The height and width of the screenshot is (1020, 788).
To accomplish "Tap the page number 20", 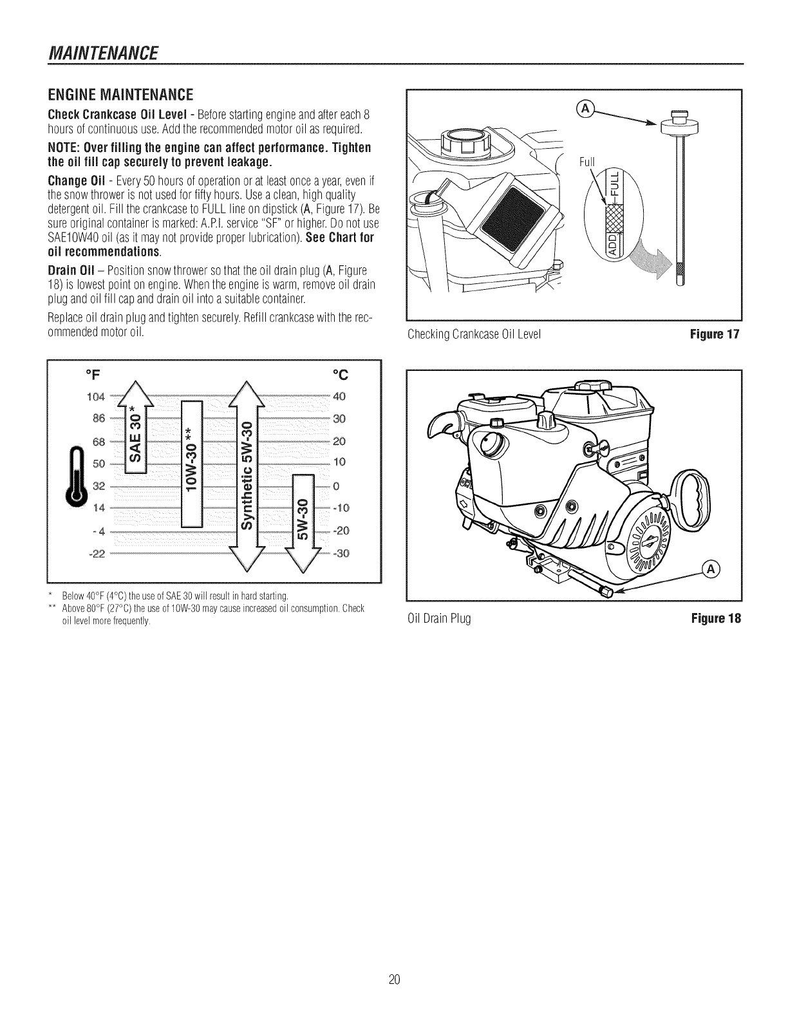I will (x=395, y=980).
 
